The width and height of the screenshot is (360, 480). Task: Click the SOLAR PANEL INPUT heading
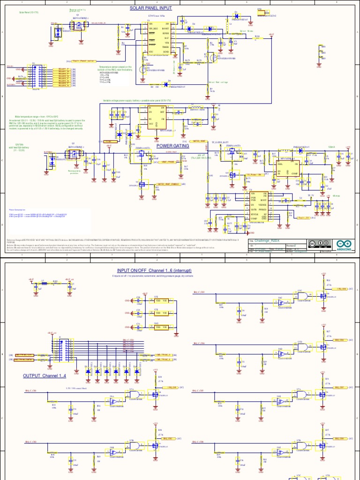click(150, 8)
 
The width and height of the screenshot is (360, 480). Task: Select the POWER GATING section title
click(172, 146)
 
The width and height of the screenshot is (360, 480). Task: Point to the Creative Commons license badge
click(319, 243)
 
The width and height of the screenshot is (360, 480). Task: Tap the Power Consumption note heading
click(19, 209)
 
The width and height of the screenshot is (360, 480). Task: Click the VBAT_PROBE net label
click(167, 162)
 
